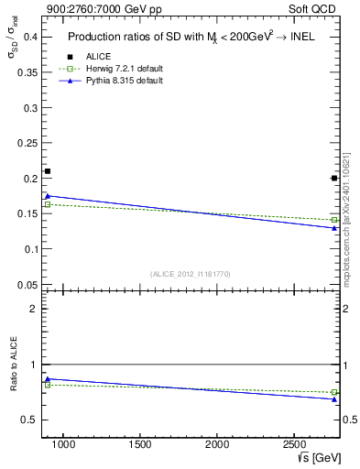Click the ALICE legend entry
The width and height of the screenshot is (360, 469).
tap(99, 57)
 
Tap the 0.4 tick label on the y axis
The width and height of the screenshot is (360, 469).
tap(27, 37)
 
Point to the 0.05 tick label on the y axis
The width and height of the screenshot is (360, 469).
tap(25, 285)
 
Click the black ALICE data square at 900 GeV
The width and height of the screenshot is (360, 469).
tap(48, 171)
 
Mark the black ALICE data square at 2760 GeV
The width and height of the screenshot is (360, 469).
tap(334, 178)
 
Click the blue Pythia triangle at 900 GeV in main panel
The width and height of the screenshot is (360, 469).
tap(48, 195)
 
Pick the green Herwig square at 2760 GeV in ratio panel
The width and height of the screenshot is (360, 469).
tap(334, 392)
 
